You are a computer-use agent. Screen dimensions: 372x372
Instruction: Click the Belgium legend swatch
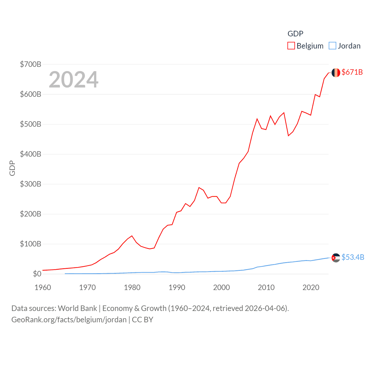click(x=291, y=46)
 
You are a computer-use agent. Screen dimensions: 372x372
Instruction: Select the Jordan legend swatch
click(x=332, y=46)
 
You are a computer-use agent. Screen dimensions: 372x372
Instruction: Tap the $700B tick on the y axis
click(x=31, y=64)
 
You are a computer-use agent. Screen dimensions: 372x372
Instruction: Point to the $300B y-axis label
click(x=31, y=184)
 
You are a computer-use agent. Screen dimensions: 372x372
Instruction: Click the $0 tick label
click(x=37, y=274)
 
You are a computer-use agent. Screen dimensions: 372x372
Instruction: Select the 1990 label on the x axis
click(x=177, y=287)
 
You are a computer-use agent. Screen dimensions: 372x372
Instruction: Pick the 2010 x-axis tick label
click(x=266, y=287)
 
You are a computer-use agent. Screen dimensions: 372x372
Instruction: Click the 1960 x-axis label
click(x=43, y=287)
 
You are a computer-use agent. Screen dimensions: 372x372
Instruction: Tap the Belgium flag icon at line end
click(x=336, y=73)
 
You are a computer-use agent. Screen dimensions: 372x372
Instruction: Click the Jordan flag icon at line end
click(x=336, y=257)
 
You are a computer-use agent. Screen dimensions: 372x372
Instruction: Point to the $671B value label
click(x=352, y=72)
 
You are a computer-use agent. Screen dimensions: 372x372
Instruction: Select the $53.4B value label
click(x=353, y=257)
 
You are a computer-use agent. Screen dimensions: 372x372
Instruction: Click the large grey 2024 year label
click(x=74, y=79)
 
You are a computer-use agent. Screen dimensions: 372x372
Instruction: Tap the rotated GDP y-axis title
click(x=12, y=168)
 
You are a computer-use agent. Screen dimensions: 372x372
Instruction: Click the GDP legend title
click(x=295, y=34)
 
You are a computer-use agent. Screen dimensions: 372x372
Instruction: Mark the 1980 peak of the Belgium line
click(x=132, y=236)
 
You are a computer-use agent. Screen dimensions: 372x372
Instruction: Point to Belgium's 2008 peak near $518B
click(x=257, y=119)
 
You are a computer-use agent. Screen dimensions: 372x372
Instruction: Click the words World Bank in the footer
click(x=77, y=308)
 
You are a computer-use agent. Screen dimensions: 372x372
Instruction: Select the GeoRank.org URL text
click(x=69, y=320)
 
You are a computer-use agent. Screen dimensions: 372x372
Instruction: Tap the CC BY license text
click(x=142, y=320)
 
